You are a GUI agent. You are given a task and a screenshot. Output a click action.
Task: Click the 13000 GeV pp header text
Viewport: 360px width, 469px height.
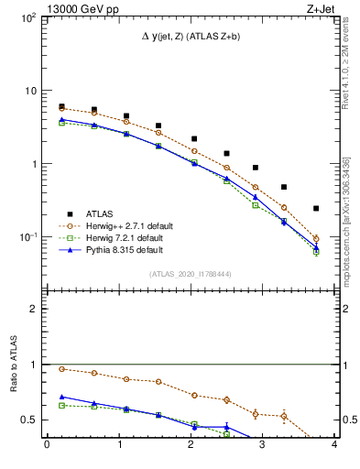pyautogui.click(x=51, y=8)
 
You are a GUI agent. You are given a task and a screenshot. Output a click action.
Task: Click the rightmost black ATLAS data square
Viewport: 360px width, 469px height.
pyautogui.click(x=316, y=209)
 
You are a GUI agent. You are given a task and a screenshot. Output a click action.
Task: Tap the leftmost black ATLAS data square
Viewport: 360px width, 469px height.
pyautogui.click(x=61, y=106)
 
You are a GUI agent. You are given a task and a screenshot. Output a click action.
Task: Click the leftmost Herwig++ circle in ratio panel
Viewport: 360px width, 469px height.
pyautogui.click(x=61, y=369)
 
